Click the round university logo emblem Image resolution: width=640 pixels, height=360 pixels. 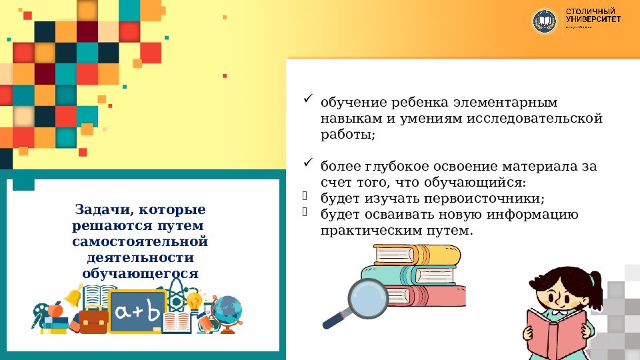(x=544, y=21)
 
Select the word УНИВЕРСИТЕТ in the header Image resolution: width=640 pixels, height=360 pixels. (x=593, y=19)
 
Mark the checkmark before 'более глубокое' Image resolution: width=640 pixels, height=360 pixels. (x=308, y=163)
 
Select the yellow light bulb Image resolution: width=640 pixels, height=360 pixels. (x=194, y=301)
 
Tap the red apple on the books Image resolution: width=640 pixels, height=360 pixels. (x=56, y=311)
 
